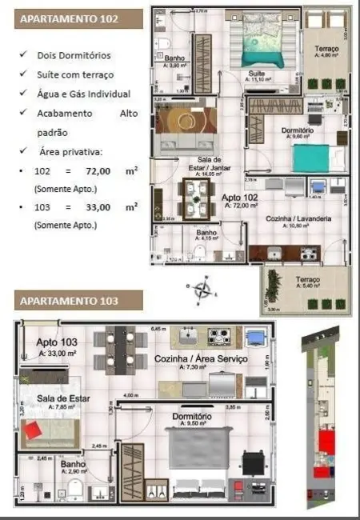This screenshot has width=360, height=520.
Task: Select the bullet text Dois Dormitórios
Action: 74,56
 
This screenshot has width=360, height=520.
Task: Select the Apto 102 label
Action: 239,198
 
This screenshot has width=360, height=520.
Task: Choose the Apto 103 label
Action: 56,343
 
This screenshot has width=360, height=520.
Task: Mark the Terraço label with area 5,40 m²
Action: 308,279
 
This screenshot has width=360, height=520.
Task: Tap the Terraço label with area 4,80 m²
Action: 326,50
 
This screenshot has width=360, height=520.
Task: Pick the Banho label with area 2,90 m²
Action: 73,465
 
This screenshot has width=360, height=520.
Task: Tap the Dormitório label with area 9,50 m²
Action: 191,417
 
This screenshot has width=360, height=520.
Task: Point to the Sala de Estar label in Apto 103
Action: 62,398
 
